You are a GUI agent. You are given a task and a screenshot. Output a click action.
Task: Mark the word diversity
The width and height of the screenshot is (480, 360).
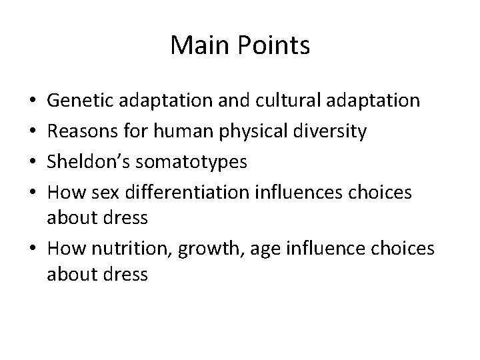click(333, 132)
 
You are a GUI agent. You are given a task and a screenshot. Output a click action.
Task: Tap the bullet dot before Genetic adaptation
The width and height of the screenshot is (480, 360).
click(33, 102)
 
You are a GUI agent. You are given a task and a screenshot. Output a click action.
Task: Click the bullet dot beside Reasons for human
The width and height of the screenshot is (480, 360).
click(33, 132)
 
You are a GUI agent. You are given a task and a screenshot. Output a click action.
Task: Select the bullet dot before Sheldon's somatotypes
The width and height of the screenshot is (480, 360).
click(33, 162)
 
